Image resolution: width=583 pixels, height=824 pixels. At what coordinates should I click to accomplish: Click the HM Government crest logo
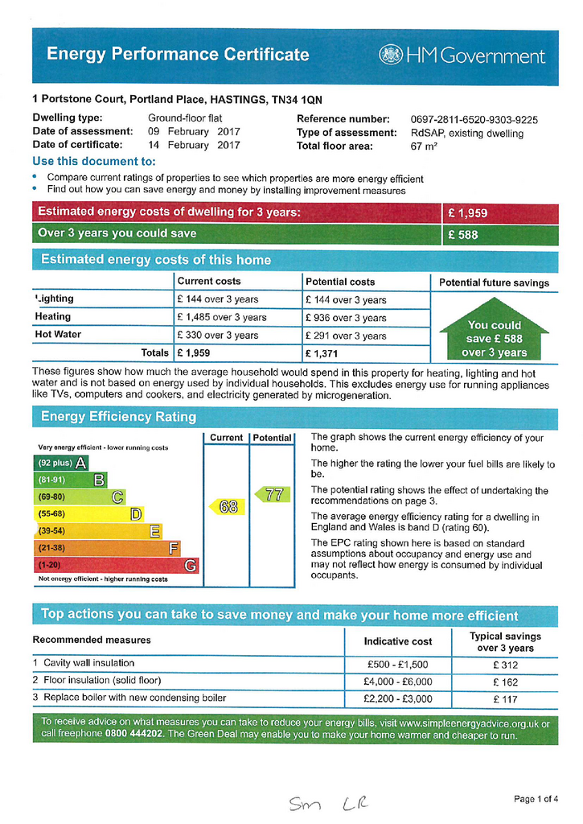click(391, 56)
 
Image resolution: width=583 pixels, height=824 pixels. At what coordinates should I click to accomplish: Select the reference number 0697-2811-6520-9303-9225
click(474, 119)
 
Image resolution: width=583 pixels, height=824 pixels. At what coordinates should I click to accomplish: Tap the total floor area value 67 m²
click(424, 146)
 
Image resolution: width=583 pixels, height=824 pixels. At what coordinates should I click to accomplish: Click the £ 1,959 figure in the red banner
click(468, 213)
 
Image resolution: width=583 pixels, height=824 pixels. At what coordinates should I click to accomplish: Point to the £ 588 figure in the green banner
click(463, 235)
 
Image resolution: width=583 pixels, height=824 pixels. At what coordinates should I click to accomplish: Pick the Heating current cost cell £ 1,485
click(221, 317)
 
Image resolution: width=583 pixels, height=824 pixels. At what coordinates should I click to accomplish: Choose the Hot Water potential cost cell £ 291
click(346, 336)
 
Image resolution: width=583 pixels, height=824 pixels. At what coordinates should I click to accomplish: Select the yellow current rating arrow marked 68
click(225, 506)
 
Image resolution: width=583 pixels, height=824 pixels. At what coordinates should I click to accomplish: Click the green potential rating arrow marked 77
click(271, 494)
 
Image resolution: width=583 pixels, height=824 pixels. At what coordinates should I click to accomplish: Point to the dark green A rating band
click(60, 463)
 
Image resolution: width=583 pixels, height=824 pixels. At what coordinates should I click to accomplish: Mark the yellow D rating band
click(88, 514)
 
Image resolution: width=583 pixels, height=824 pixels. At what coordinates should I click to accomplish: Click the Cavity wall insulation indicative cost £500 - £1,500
click(397, 665)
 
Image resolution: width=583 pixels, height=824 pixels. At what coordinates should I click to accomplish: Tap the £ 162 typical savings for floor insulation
click(506, 681)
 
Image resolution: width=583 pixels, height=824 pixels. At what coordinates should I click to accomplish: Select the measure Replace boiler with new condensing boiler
click(133, 698)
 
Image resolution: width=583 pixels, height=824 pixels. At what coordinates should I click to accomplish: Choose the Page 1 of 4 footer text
click(536, 799)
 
